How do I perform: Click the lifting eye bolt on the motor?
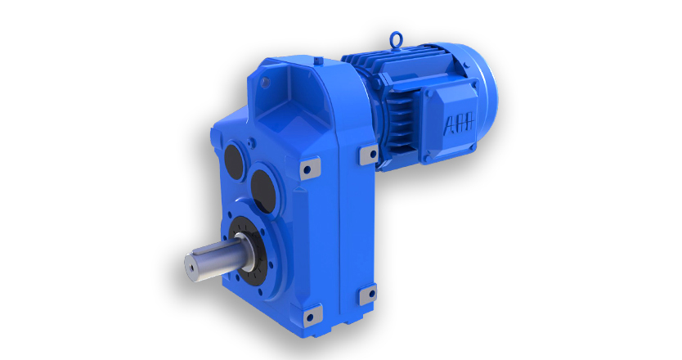click(x=396, y=38)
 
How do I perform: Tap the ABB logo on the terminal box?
click(x=459, y=124)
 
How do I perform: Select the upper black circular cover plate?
click(x=234, y=158)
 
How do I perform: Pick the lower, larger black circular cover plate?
click(x=263, y=191)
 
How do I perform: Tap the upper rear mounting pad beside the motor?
click(x=369, y=154)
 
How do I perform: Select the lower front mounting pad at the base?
click(x=312, y=316)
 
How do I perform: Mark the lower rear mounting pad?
click(x=368, y=295)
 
